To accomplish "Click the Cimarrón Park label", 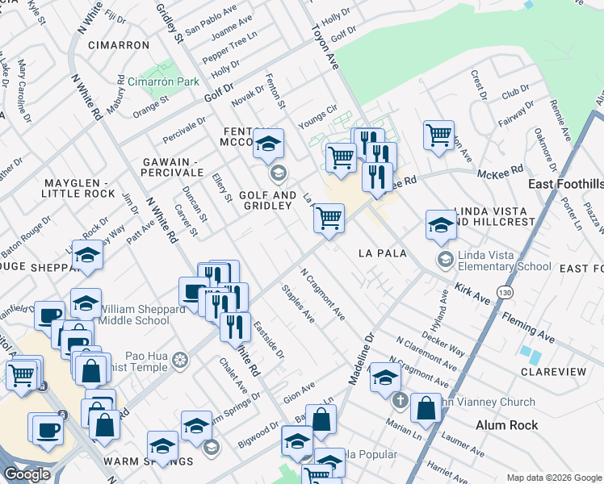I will click(163, 82).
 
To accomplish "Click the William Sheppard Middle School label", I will click(124, 314).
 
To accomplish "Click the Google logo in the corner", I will click(27, 474).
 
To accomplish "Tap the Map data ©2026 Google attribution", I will click(553, 478).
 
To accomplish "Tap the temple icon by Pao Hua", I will click(181, 359).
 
